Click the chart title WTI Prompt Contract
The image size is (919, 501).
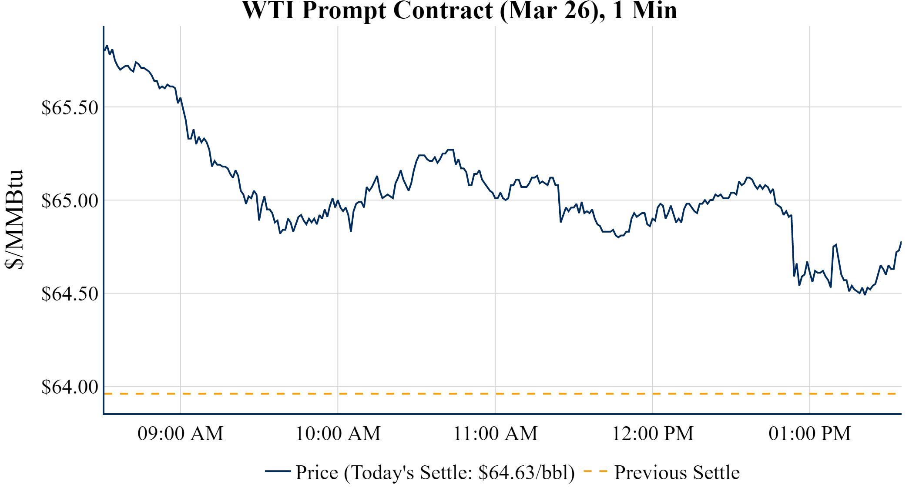click(459, 10)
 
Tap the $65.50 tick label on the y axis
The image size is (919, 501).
click(70, 107)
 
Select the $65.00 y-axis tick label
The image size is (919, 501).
click(70, 200)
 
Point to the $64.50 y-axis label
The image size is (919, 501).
click(70, 294)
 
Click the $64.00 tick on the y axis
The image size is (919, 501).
click(70, 387)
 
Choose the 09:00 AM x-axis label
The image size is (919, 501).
click(180, 434)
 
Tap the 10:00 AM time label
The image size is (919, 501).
click(338, 434)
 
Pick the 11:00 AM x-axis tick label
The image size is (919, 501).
click(495, 434)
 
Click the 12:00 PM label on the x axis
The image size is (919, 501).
click(653, 434)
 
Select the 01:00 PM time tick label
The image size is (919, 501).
click(810, 434)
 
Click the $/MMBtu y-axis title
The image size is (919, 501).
click(14, 220)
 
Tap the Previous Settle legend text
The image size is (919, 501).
click(677, 473)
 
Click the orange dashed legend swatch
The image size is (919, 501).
click(595, 471)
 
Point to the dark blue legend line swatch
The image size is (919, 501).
click(278, 471)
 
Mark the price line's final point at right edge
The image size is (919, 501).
click(901, 242)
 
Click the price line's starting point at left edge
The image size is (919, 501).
click(104, 50)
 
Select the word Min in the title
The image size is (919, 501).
click(654, 10)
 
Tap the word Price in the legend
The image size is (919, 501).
click(317, 473)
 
